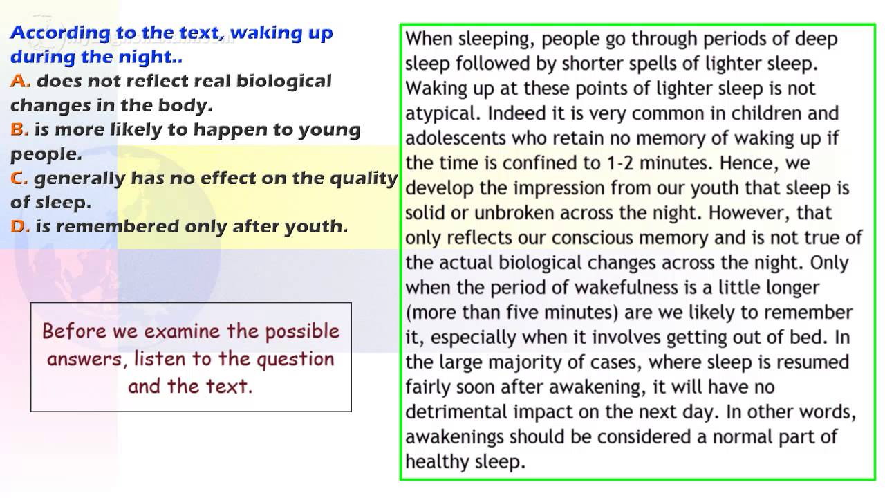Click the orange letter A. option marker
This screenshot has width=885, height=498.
20,81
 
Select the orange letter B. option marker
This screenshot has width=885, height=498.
19,129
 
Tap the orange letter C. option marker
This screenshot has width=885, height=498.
19,178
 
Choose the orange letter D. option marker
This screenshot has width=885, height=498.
20,226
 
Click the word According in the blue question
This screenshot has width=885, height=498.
60,33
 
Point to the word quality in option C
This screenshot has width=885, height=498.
364,178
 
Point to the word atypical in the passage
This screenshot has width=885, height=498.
442,114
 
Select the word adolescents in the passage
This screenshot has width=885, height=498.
456,138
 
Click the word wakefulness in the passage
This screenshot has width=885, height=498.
626,287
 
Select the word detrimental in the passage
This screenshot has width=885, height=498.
456,412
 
